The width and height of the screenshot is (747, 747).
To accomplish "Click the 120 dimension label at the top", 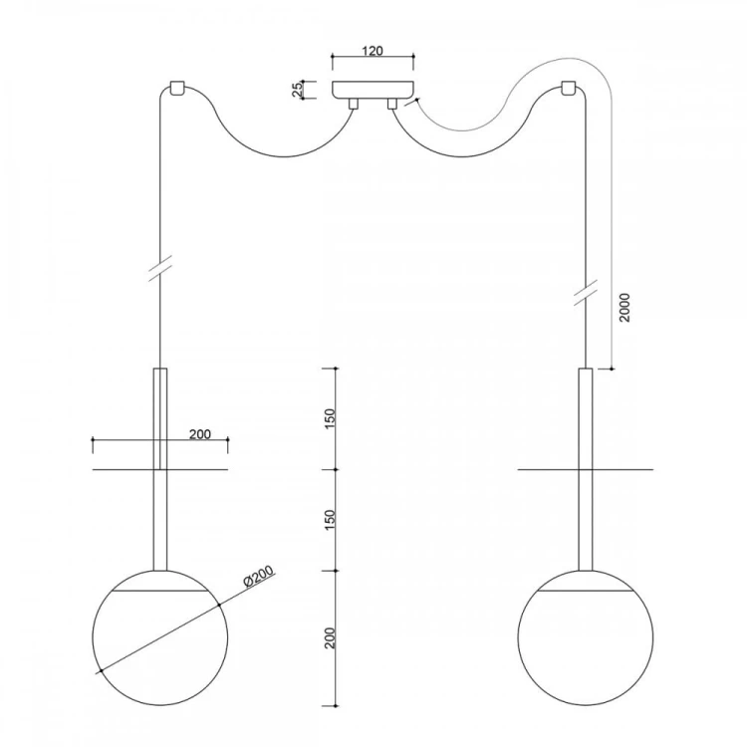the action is point(373,51).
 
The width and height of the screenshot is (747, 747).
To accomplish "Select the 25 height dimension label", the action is point(297,90).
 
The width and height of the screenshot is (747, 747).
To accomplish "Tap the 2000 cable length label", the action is point(624,308).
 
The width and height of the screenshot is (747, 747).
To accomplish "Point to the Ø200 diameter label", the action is point(259,576).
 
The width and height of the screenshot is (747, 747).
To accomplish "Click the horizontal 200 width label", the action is point(200,434).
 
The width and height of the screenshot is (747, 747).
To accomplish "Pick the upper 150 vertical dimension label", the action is point(330,418).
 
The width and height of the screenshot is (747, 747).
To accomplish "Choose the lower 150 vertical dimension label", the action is point(330,520).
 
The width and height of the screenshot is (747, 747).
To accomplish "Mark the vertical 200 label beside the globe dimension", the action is point(330,637).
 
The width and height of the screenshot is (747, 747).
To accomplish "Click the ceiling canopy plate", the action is point(373,91).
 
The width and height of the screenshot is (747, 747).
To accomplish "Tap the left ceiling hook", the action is point(177,89).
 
